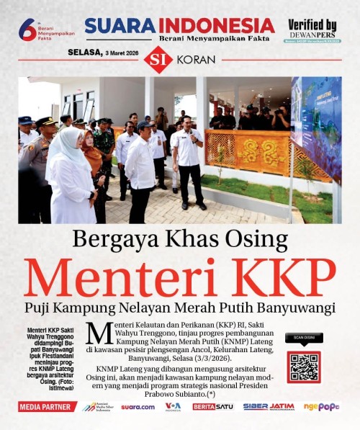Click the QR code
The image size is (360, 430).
tap(303, 367)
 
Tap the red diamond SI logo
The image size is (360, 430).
tap(158, 59)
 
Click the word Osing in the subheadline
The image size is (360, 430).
tap(249, 238)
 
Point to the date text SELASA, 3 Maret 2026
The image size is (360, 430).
tap(102, 53)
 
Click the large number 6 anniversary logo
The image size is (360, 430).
tap(27, 30)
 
